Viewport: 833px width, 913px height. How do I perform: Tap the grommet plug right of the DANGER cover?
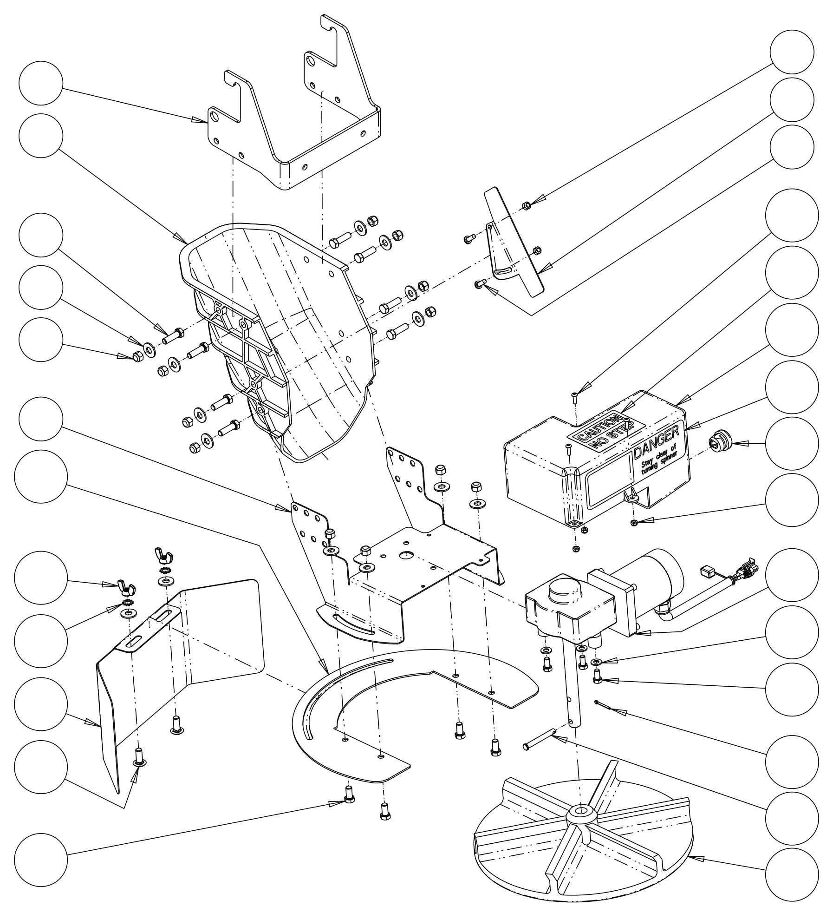pyautogui.click(x=719, y=442)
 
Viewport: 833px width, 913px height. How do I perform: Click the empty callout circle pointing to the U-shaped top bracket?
pyautogui.click(x=41, y=83)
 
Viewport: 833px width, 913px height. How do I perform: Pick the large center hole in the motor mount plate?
pyautogui.click(x=408, y=555)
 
